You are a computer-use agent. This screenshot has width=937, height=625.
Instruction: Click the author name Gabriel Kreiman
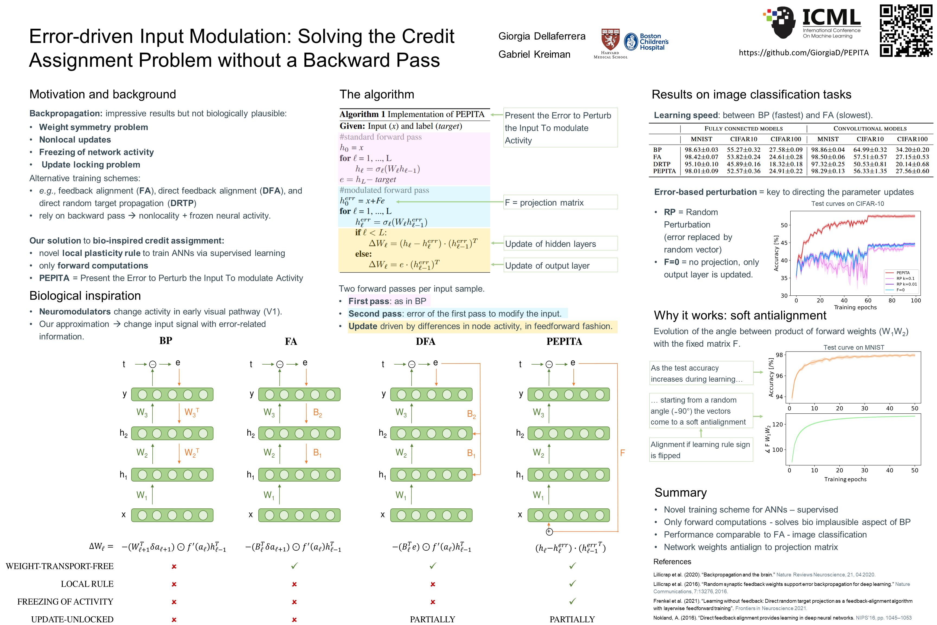[x=534, y=55]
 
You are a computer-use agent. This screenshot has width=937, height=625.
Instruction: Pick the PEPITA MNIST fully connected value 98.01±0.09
[x=701, y=171]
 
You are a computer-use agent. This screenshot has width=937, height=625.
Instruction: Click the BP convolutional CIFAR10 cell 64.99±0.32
[x=870, y=150]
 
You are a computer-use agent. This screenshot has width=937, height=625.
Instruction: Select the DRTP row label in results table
[x=662, y=164]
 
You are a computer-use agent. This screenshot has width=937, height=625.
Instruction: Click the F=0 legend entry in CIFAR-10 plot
[x=900, y=290]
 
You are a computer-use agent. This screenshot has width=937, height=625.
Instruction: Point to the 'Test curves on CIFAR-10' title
[x=847, y=204]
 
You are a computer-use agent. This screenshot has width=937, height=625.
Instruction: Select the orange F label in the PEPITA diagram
[x=622, y=453]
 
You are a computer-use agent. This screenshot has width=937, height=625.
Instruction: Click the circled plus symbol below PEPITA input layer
[x=549, y=532]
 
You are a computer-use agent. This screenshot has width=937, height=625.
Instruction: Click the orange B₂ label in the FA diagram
[x=317, y=413]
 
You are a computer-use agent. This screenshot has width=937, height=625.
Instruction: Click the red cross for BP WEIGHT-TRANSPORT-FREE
[x=174, y=566]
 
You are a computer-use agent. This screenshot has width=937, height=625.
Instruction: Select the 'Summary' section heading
[x=681, y=493]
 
